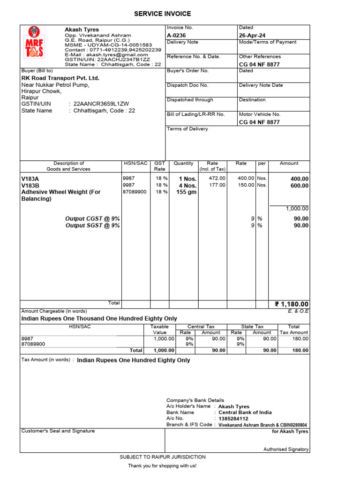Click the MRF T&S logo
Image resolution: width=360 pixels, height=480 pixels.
(x=34, y=42)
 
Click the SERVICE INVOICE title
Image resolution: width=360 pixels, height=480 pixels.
(x=163, y=14)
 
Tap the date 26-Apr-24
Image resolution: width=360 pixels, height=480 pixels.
(x=252, y=35)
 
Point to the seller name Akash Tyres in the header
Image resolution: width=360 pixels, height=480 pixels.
(x=82, y=30)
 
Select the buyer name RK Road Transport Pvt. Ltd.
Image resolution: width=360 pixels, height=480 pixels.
(x=60, y=78)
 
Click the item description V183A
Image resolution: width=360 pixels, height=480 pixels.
(x=30, y=179)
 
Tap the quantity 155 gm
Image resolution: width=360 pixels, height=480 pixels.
(x=186, y=192)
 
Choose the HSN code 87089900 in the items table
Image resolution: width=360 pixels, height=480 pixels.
(x=135, y=192)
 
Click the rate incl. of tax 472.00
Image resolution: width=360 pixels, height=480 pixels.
(x=217, y=178)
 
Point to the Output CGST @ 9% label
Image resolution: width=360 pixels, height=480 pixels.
(x=92, y=218)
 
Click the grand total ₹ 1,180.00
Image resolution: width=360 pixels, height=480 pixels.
(x=292, y=305)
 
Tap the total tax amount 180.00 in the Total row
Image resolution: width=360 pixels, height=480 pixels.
(x=300, y=350)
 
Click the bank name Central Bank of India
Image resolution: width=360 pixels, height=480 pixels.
(x=245, y=412)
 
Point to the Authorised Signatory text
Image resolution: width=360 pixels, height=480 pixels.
(x=286, y=449)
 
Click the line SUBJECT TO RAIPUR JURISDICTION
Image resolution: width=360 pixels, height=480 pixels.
(x=163, y=457)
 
